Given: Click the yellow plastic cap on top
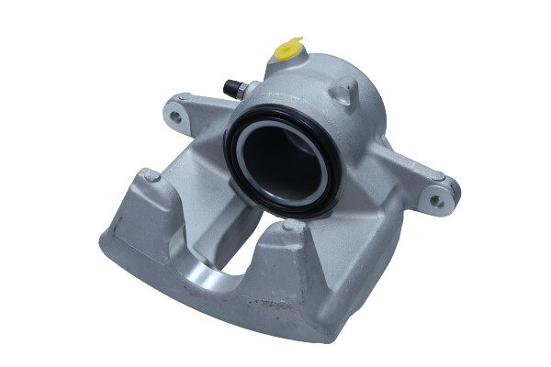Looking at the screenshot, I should (x=289, y=47).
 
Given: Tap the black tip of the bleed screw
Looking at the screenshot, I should (x=228, y=87).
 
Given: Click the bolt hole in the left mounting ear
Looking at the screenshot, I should (x=175, y=116).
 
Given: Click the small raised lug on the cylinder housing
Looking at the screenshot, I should (x=345, y=91).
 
